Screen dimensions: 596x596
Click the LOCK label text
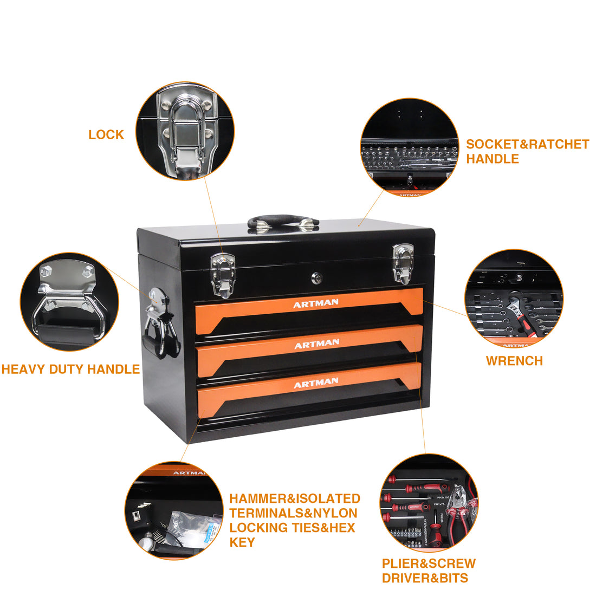(x=106, y=134)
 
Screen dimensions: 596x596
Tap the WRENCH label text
(x=514, y=361)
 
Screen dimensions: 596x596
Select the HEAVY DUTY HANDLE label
(x=70, y=370)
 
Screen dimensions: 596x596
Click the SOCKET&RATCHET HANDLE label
(x=527, y=152)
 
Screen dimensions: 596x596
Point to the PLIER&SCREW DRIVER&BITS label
(x=429, y=571)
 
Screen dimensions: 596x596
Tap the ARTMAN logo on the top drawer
(x=316, y=304)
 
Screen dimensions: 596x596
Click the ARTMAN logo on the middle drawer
(x=316, y=344)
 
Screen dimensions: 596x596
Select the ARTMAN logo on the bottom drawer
(x=316, y=383)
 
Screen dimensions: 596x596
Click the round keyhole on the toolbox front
(x=317, y=278)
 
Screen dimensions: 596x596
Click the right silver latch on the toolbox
(x=403, y=263)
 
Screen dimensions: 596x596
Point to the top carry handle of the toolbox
(x=283, y=222)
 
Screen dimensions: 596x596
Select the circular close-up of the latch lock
(x=185, y=131)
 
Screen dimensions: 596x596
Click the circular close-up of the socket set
(x=410, y=147)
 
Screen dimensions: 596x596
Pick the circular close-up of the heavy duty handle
(x=69, y=302)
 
